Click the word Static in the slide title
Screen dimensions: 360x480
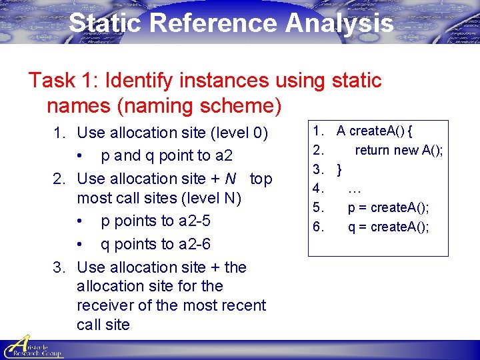[105, 23]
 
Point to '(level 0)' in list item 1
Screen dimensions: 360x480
[239, 133]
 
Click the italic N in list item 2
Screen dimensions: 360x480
[231, 179]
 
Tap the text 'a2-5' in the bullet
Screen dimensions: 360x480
[195, 221]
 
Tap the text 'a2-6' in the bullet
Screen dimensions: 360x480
[195, 244]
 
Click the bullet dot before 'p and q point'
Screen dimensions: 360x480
[80, 156]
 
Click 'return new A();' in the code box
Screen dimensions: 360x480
[398, 150]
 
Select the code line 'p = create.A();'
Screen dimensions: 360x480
[388, 207]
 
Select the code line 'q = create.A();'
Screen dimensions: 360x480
[388, 227]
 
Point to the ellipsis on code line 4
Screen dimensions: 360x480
[355, 189]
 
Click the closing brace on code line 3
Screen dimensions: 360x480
[340, 169]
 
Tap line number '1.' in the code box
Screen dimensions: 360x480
[319, 131]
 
